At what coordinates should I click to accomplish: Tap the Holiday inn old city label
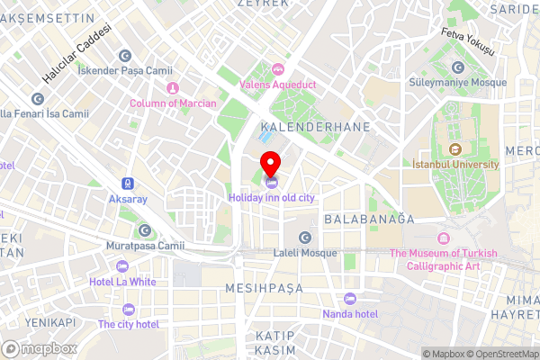point(271,197)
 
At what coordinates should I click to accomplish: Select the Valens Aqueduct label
point(278,85)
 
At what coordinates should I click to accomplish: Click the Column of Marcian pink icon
point(172,88)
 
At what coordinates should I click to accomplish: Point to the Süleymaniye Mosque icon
point(458,67)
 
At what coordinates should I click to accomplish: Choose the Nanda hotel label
point(350,314)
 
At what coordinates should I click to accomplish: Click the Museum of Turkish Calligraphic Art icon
point(443,238)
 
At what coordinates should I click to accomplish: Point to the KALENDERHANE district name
point(314,128)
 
